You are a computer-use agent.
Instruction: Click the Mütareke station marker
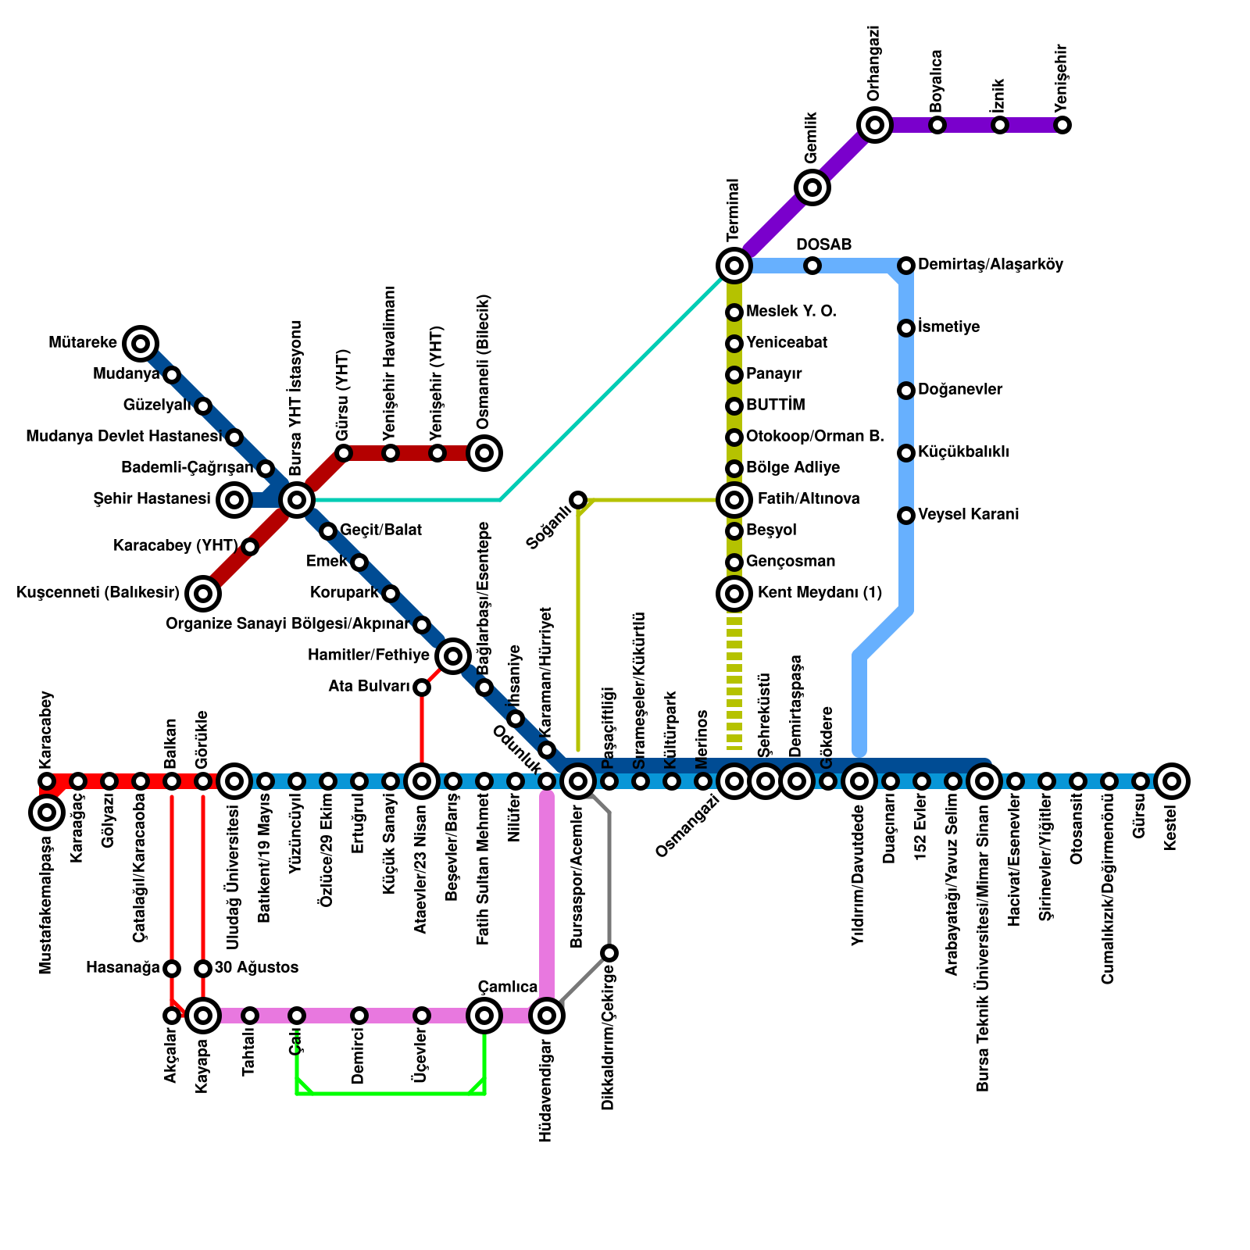coord(141,343)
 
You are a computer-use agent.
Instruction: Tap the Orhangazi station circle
coord(875,124)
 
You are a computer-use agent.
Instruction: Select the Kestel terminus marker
coord(1171,780)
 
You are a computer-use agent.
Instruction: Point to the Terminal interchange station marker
coord(734,266)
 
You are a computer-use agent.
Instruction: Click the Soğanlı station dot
coord(578,499)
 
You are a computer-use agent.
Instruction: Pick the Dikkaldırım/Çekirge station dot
coord(609,952)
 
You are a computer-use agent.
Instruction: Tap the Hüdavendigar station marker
coord(547,1016)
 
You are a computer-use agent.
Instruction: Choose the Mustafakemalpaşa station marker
coord(47,812)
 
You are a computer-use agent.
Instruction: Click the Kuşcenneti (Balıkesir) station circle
coord(203,594)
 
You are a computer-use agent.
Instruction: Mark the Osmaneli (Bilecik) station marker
coord(484,452)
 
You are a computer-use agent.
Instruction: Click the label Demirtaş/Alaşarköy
coord(990,265)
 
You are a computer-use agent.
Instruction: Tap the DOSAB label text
coord(823,245)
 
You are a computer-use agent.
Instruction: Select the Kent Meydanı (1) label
coord(820,593)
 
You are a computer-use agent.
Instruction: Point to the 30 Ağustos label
coord(256,968)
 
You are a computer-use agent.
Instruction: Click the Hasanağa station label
coord(123,968)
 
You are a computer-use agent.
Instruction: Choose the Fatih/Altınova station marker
coord(734,499)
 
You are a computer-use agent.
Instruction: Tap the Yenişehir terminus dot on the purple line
coord(1062,124)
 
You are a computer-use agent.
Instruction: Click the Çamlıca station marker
coord(484,1016)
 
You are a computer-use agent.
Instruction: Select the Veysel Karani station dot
coord(906,515)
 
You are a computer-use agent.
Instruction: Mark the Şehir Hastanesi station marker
coord(234,499)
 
